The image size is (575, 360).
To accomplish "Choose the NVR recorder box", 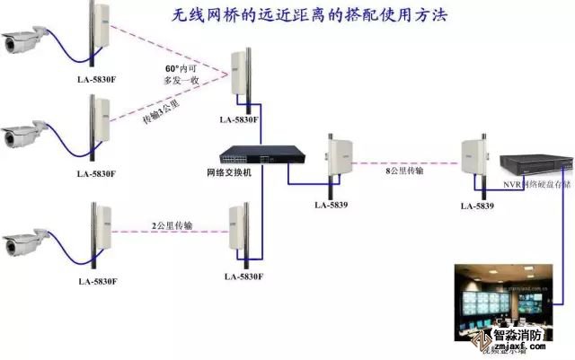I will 534,166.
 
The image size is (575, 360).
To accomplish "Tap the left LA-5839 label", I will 332,205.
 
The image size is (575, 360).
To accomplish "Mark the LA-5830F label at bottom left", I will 96,282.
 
